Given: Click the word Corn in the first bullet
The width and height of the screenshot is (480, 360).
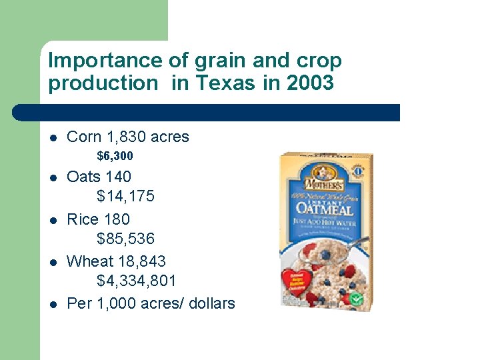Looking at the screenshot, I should (x=85, y=137).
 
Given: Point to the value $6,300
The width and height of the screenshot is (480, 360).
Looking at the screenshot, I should (x=115, y=156).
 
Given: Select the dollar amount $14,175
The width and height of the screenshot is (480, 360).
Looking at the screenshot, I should (x=125, y=196).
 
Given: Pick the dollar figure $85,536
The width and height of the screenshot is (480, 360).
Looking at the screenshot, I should (x=125, y=238).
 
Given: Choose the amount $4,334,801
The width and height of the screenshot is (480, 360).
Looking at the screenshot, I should (x=137, y=281).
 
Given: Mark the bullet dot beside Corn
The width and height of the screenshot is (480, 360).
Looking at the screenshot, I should (x=53, y=138).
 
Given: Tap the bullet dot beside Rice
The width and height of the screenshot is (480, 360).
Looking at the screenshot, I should (x=53, y=220).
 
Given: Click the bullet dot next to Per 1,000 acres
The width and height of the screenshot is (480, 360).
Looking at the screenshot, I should (x=53, y=304).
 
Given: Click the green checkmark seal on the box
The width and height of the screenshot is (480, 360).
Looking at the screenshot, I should (x=357, y=299).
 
